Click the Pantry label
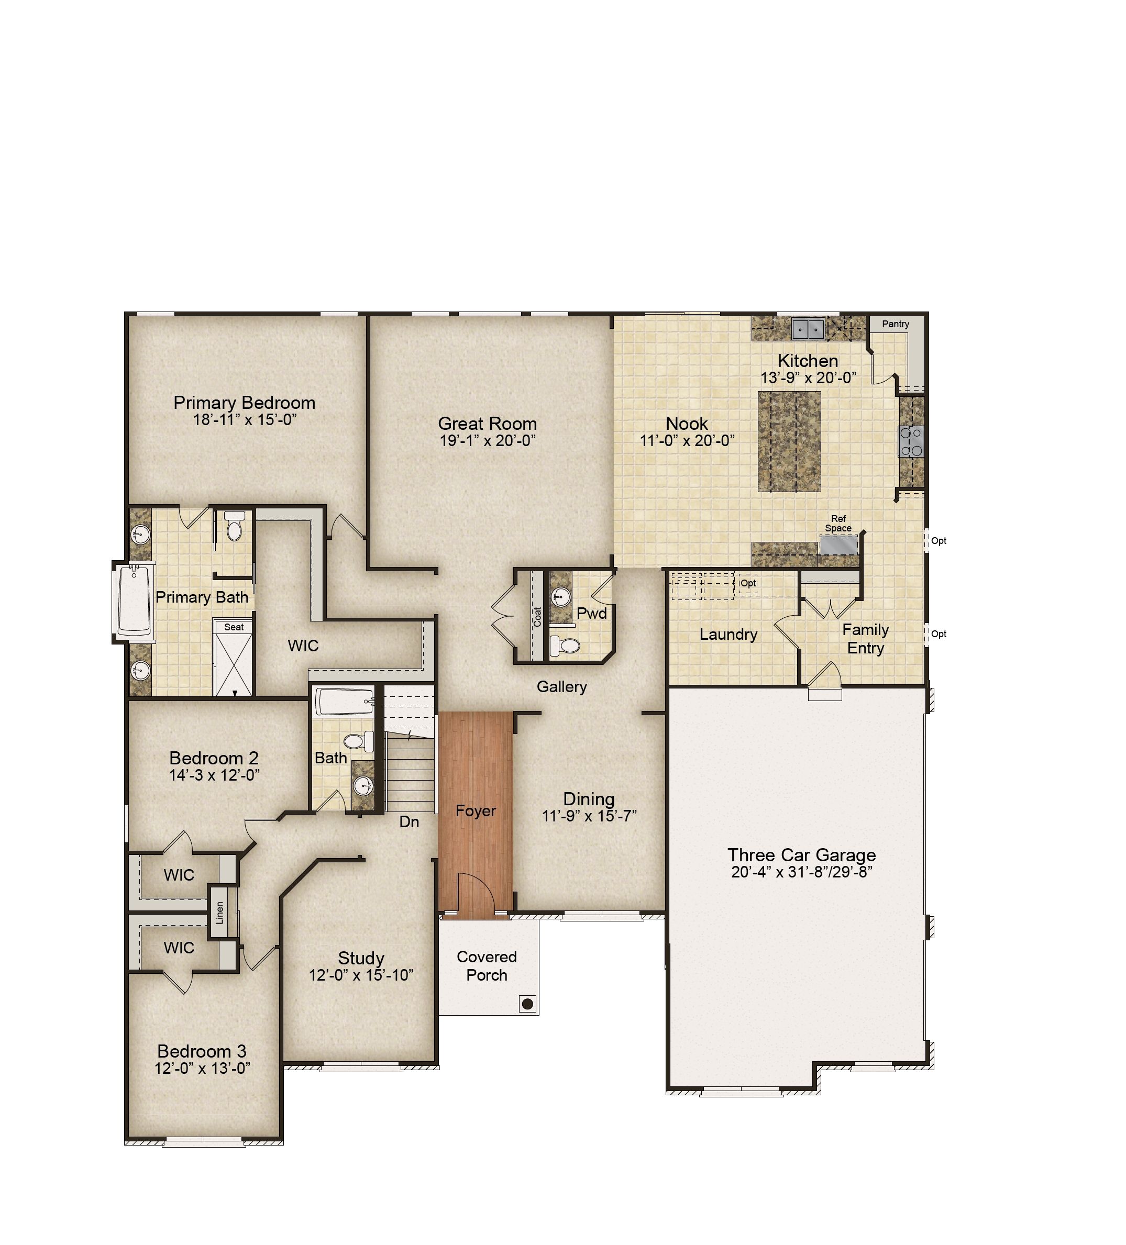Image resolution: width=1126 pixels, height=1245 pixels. [895, 324]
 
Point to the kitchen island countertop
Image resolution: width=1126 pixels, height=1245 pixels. [789, 441]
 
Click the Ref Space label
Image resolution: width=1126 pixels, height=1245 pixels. [838, 523]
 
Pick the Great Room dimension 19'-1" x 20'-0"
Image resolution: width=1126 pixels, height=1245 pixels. [488, 440]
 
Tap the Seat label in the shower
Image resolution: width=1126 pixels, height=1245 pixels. [234, 627]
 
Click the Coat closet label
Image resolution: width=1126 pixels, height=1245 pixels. [537, 617]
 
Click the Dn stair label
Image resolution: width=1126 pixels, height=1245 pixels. [409, 821]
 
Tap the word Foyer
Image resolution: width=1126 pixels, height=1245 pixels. [476, 811]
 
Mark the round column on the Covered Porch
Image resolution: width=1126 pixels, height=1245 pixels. [527, 1004]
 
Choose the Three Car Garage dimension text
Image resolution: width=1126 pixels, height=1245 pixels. [801, 871]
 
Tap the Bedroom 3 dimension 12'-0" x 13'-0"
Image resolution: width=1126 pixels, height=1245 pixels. [202, 1068]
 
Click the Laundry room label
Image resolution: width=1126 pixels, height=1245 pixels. [728, 634]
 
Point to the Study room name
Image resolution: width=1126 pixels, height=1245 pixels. [361, 958]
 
